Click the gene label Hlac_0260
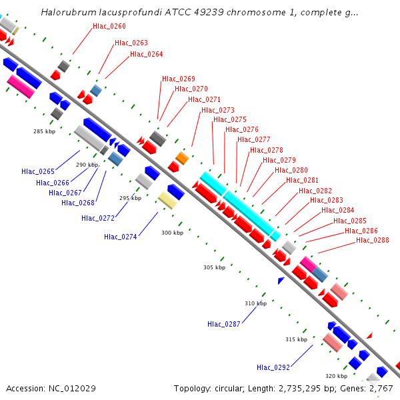(x=109, y=26)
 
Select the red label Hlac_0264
(x=146, y=54)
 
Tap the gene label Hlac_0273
(x=218, y=110)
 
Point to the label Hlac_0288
(x=373, y=240)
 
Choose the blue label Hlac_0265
(x=38, y=171)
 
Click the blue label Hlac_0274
(x=121, y=237)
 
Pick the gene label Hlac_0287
(x=224, y=324)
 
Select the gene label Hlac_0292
(x=273, y=367)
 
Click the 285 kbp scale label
(x=44, y=131)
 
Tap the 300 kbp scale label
(x=172, y=233)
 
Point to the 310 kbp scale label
(x=255, y=303)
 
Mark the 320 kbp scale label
(x=336, y=375)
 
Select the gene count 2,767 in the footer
(x=379, y=388)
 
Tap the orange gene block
(x=181, y=158)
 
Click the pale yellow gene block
(x=167, y=200)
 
